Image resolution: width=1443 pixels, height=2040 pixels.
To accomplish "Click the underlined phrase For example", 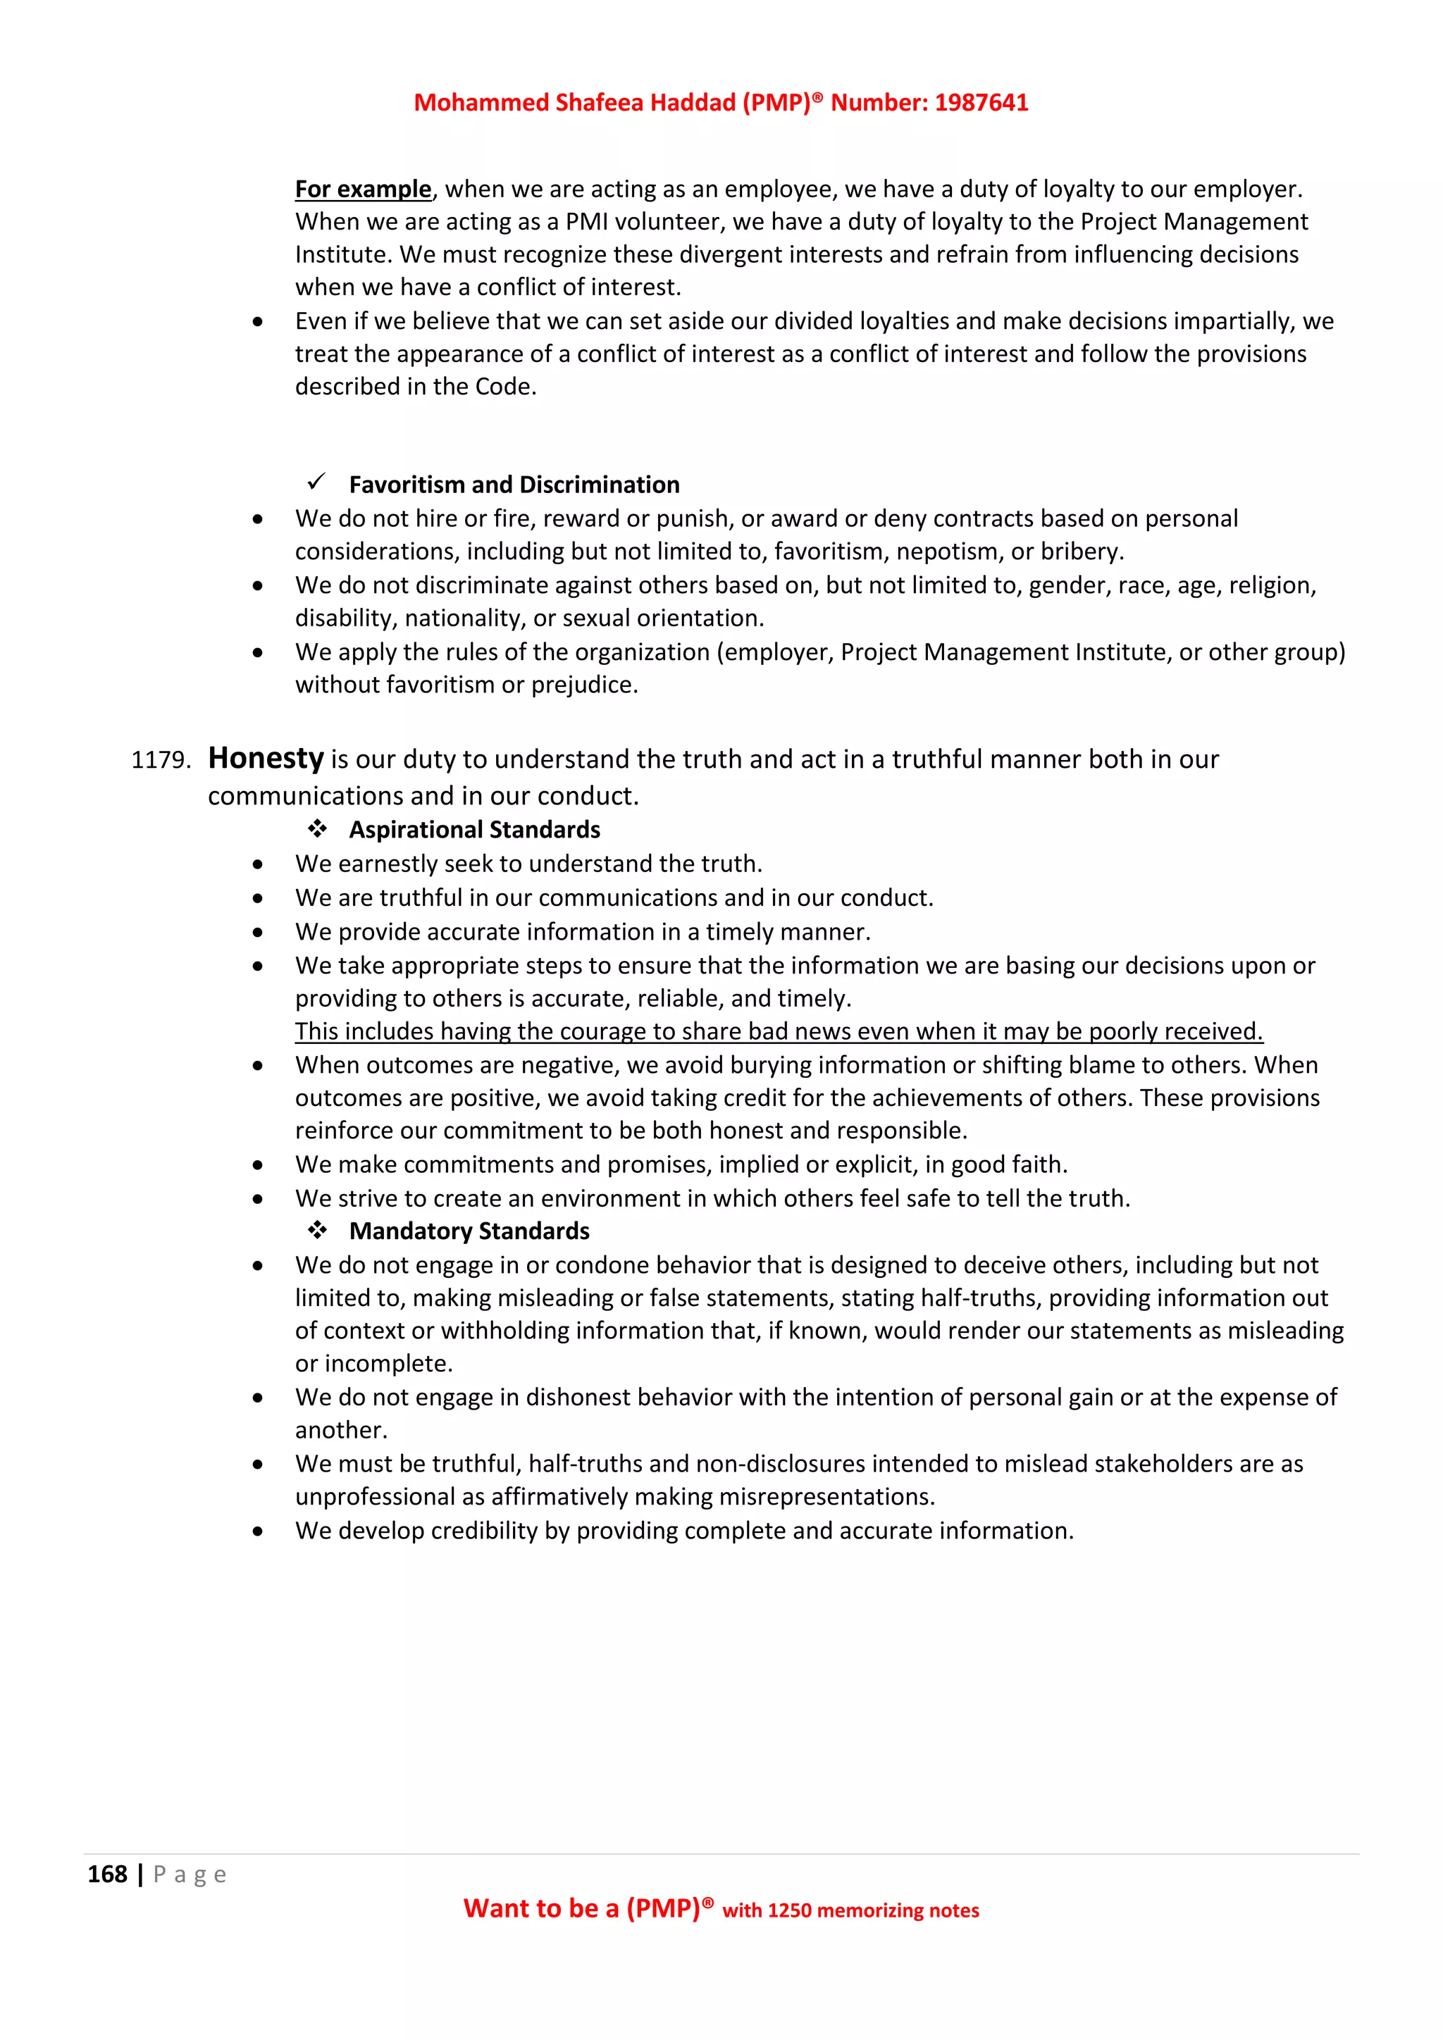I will pyautogui.click(x=363, y=189).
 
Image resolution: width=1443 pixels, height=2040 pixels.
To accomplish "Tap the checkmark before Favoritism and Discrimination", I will pyautogui.click(x=316, y=483).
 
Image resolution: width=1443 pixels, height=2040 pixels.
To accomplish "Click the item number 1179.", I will pyautogui.click(x=160, y=761).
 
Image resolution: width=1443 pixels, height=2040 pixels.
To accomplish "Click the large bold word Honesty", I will pyautogui.click(x=265, y=759).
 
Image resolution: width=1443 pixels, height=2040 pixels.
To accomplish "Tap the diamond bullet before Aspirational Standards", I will pyautogui.click(x=317, y=829).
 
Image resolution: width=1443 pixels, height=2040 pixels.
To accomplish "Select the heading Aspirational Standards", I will pyautogui.click(x=474, y=830).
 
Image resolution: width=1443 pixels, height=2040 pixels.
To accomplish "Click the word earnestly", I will pyautogui.click(x=395, y=864).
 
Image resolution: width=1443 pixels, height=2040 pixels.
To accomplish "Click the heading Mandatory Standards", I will pyautogui.click(x=469, y=1231).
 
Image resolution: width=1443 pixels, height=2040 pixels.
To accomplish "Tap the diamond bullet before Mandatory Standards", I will pyautogui.click(x=317, y=1231).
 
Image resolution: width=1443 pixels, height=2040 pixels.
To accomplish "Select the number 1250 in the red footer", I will pyautogui.click(x=789, y=1911).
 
